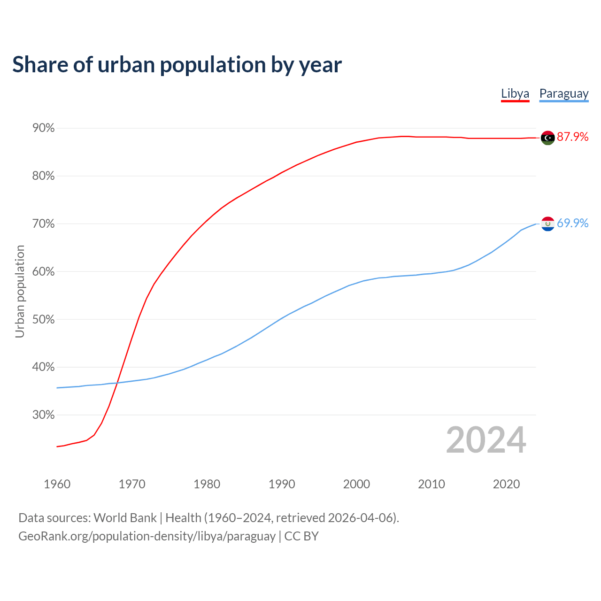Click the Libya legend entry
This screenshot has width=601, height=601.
point(515,93)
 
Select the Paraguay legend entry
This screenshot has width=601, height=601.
point(564,93)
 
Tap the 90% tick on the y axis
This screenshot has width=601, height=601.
point(43,128)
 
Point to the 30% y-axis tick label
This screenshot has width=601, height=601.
point(43,415)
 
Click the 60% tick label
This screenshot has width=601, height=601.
point(43,272)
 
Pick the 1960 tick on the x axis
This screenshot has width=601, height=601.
point(57,484)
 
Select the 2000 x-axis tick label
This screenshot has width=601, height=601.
point(356,484)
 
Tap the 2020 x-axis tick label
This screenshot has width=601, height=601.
point(506,484)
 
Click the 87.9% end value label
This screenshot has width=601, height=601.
point(572,137)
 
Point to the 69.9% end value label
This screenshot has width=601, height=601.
point(572,223)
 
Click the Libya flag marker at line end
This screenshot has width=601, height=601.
point(547,138)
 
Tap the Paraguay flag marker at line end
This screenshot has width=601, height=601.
point(547,224)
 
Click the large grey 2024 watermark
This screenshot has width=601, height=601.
point(486,440)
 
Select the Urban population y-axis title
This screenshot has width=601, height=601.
point(20,291)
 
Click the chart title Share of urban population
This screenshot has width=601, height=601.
point(177,64)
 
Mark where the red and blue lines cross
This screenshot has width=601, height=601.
point(117,383)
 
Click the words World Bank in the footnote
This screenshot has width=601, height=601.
point(125,518)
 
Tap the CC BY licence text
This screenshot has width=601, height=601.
point(301,536)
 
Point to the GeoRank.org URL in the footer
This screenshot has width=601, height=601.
point(147,536)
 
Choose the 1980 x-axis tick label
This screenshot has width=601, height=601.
point(207,484)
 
